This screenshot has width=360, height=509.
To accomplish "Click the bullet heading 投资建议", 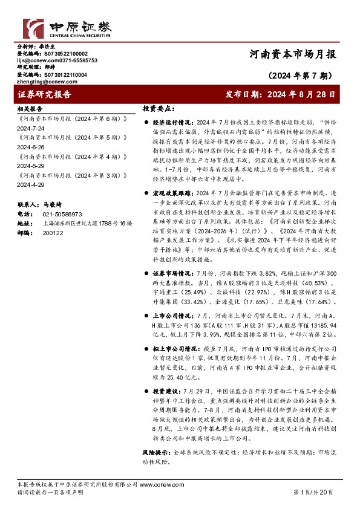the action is click(167, 391).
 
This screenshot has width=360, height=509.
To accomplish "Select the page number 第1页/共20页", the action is click(313, 493).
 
